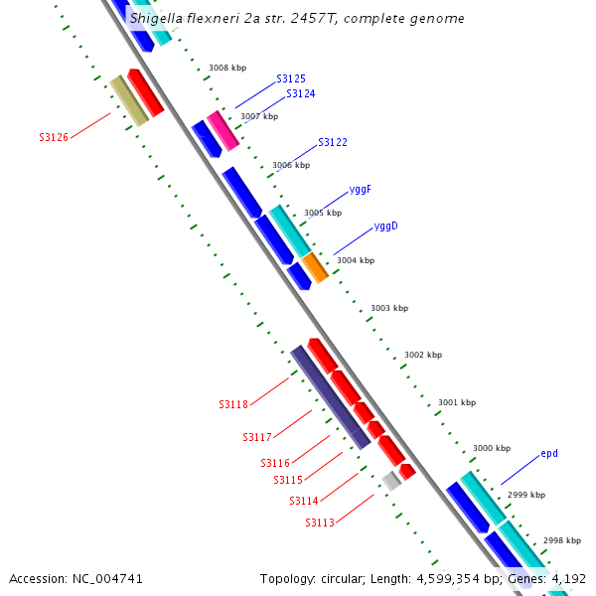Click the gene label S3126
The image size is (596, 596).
(x=54, y=137)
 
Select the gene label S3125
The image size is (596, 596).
(x=291, y=78)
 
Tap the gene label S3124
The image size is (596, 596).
(x=301, y=93)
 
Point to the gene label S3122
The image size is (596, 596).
(x=333, y=143)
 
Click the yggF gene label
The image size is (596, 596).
(x=361, y=189)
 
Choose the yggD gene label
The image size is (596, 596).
(x=386, y=225)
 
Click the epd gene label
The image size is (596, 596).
(x=549, y=453)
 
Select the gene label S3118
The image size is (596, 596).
(x=233, y=404)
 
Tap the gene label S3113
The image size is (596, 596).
(x=320, y=522)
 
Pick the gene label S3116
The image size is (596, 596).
(x=275, y=463)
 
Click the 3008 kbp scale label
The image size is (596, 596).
(x=227, y=69)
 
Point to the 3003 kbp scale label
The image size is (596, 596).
(x=389, y=308)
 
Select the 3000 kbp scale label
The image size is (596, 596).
(x=491, y=448)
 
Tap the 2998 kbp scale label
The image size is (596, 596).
(x=561, y=540)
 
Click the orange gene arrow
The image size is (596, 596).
(x=314, y=266)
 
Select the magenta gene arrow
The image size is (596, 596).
(x=223, y=130)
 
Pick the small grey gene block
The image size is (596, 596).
(x=391, y=480)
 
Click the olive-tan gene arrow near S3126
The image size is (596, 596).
(x=128, y=100)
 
